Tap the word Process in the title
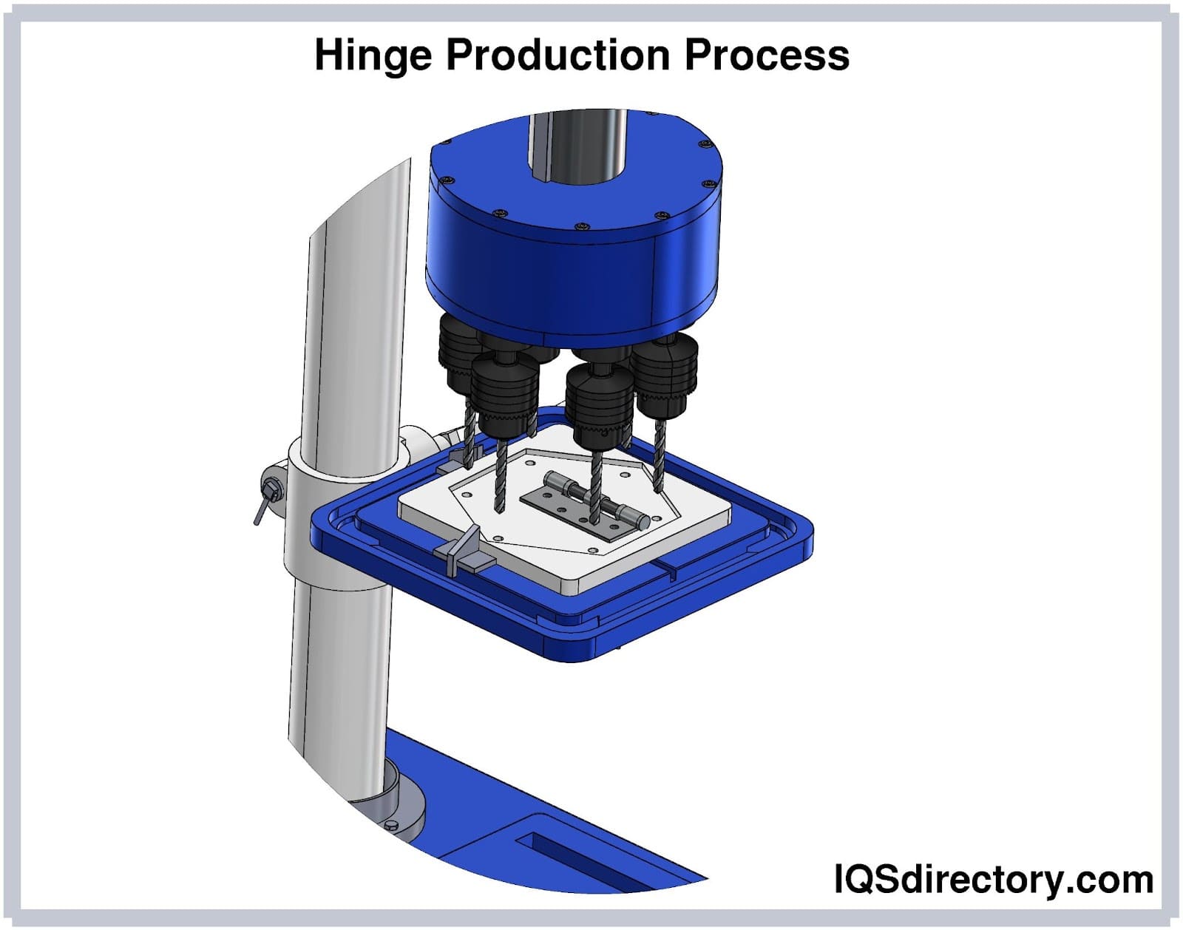[x=767, y=55]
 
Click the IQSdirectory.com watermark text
[x=994, y=880]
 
